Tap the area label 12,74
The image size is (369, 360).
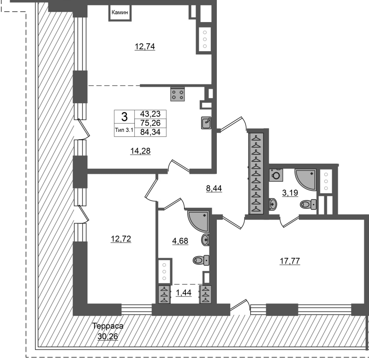pyautogui.click(x=145, y=47)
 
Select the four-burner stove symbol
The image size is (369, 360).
pyautogui.click(x=178, y=94)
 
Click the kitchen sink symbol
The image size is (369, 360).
pyautogui.click(x=206, y=123)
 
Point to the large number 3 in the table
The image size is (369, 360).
pyautogui.click(x=124, y=117)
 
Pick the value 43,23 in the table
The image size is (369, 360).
pyautogui.click(x=150, y=114)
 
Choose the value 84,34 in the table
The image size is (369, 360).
pyautogui.click(x=150, y=132)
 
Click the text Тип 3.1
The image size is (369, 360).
pyautogui.click(x=124, y=130)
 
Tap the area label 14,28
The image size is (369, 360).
pyautogui.click(x=141, y=151)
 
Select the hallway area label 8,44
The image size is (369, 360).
pyautogui.click(x=214, y=188)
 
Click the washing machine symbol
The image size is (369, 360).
pyautogui.click(x=276, y=175)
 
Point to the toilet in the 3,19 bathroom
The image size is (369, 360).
pyautogui.click(x=308, y=204)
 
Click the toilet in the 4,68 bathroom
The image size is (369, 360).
pyautogui.click(x=201, y=260)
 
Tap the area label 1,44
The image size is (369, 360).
pyautogui.click(x=184, y=293)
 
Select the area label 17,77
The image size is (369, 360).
pyautogui.click(x=290, y=261)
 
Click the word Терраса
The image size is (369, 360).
pyautogui.click(x=108, y=326)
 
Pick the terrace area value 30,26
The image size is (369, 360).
pyautogui.click(x=108, y=336)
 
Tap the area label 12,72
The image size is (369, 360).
pyautogui.click(x=121, y=239)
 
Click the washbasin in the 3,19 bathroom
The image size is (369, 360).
pyautogui.click(x=273, y=204)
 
